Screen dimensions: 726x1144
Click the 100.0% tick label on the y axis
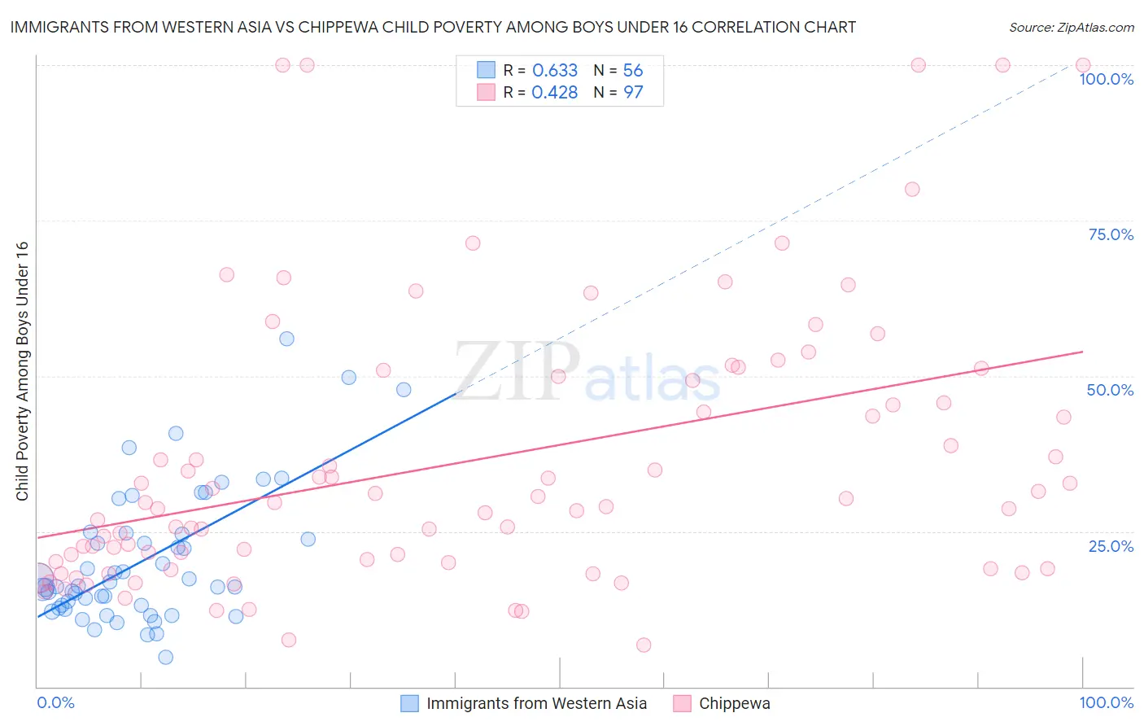[x=1106, y=79]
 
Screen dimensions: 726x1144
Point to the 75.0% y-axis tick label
[x=1111, y=234]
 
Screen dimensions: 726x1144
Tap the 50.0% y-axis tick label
[x=1110, y=390]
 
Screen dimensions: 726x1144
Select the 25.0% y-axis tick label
[x=1111, y=546]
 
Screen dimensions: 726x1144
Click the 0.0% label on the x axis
[x=55, y=702]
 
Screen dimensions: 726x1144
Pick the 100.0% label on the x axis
[x=1106, y=702]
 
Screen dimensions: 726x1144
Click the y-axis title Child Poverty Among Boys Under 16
[x=23, y=371]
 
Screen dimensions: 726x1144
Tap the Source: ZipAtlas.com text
[x=1071, y=28]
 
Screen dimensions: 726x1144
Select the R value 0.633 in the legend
[x=554, y=70]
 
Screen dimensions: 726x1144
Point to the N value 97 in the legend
[x=633, y=92]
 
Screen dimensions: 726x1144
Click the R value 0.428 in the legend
[x=554, y=92]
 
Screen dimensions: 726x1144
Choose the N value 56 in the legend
[x=633, y=70]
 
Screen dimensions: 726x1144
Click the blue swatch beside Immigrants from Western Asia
[x=409, y=703]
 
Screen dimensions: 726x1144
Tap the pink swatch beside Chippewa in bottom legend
[x=682, y=703]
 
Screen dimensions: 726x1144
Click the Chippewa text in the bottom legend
[x=734, y=703]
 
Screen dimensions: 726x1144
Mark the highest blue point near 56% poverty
[x=286, y=339]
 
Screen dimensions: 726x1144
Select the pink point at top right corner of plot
[x=1083, y=65]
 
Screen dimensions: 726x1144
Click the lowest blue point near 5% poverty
[x=165, y=657]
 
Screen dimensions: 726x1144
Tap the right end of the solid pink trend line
[x=1083, y=352]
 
